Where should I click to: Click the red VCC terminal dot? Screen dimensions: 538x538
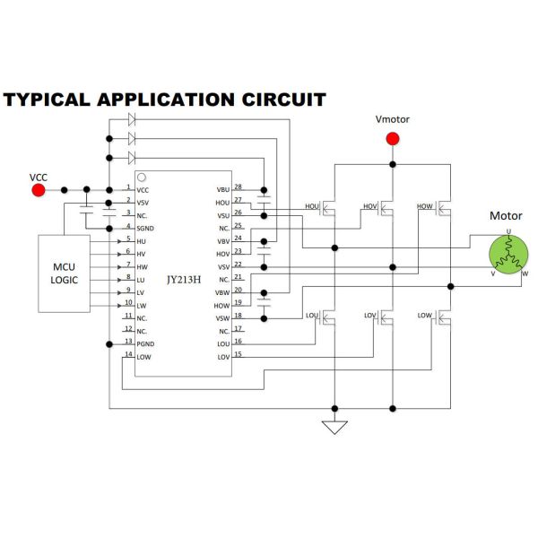tap(39, 190)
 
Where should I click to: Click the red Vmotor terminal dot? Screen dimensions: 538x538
tap(392, 138)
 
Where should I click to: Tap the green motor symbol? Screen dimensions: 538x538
tap(508, 254)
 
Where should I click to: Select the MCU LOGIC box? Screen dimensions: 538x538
tap(65, 273)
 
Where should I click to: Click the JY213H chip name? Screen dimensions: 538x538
tap(185, 279)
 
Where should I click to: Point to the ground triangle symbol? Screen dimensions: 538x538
tap(334, 426)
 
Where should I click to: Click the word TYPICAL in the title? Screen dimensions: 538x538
tap(46, 100)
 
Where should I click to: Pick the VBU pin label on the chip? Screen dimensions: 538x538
tap(222, 190)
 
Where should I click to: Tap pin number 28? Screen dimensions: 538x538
tap(238, 186)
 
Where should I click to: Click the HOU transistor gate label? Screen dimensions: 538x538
tap(312, 206)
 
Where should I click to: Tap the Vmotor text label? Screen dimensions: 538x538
tap(392, 119)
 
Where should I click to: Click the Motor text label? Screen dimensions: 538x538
tap(506, 216)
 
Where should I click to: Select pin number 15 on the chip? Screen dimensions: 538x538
tap(238, 354)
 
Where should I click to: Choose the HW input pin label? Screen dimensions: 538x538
tap(143, 267)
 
